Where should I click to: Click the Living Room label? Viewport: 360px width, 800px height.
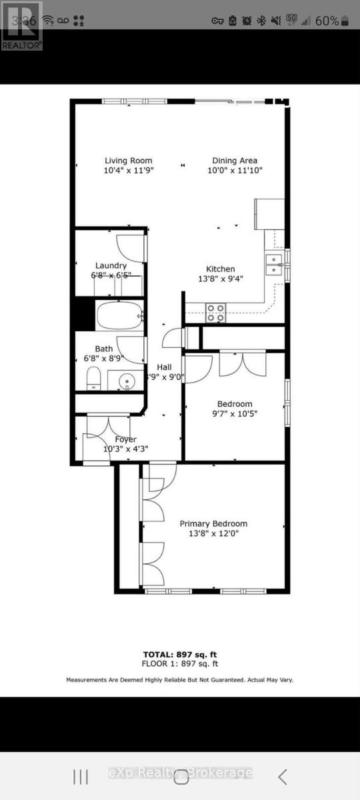[128, 161]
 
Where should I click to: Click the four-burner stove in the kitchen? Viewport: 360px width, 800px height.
[215, 309]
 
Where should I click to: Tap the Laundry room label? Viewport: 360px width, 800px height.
[111, 265]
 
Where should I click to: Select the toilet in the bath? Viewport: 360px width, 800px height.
[93, 377]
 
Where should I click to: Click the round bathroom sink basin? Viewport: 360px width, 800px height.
[127, 382]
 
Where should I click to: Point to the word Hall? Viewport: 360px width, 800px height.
[164, 367]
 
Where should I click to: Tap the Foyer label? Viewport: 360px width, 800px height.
[125, 439]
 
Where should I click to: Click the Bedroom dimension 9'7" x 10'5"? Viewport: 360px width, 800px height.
[235, 413]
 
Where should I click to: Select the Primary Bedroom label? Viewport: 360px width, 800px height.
[213, 523]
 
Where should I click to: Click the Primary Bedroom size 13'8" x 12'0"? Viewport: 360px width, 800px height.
[213, 533]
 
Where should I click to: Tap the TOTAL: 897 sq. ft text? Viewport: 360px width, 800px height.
[180, 654]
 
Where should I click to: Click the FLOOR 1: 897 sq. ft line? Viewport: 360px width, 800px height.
[180, 664]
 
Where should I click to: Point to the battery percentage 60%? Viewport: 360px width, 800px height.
[327, 21]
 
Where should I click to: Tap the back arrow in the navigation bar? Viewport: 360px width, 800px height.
[283, 776]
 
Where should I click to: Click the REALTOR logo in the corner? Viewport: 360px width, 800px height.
[21, 27]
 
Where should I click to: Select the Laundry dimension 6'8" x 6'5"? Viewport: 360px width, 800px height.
[111, 275]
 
